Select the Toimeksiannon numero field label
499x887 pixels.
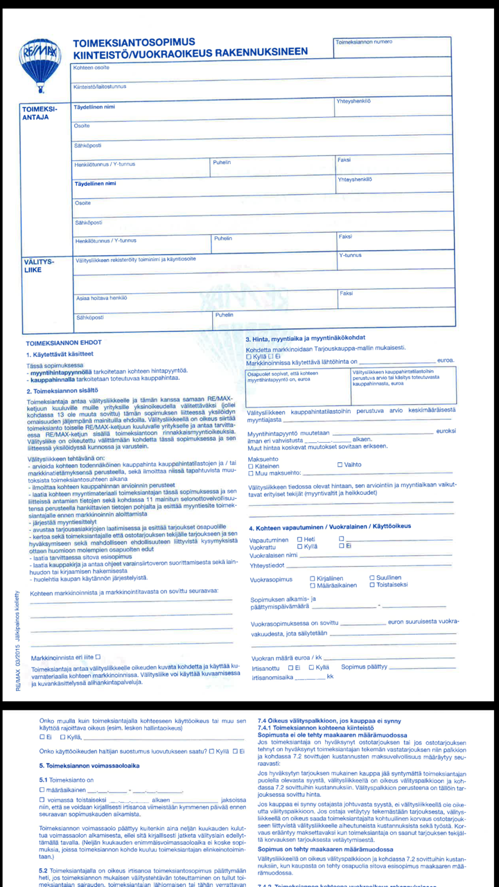pos(364,42)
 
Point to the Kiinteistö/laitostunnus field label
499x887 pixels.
pos(100,87)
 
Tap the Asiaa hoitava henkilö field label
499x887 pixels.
pos(101,298)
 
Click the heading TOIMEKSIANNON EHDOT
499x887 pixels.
pos(63,343)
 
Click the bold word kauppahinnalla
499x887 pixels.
pos(53,378)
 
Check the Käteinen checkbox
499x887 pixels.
pos(251,466)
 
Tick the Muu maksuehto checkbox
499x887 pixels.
pos(251,474)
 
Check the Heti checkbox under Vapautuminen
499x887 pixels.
pos(299,539)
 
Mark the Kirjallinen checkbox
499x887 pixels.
pos(313,578)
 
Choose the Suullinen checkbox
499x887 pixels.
pos(372,577)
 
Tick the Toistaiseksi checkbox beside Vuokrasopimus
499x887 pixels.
pos(372,585)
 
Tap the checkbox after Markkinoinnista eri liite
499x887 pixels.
pos(98,656)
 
